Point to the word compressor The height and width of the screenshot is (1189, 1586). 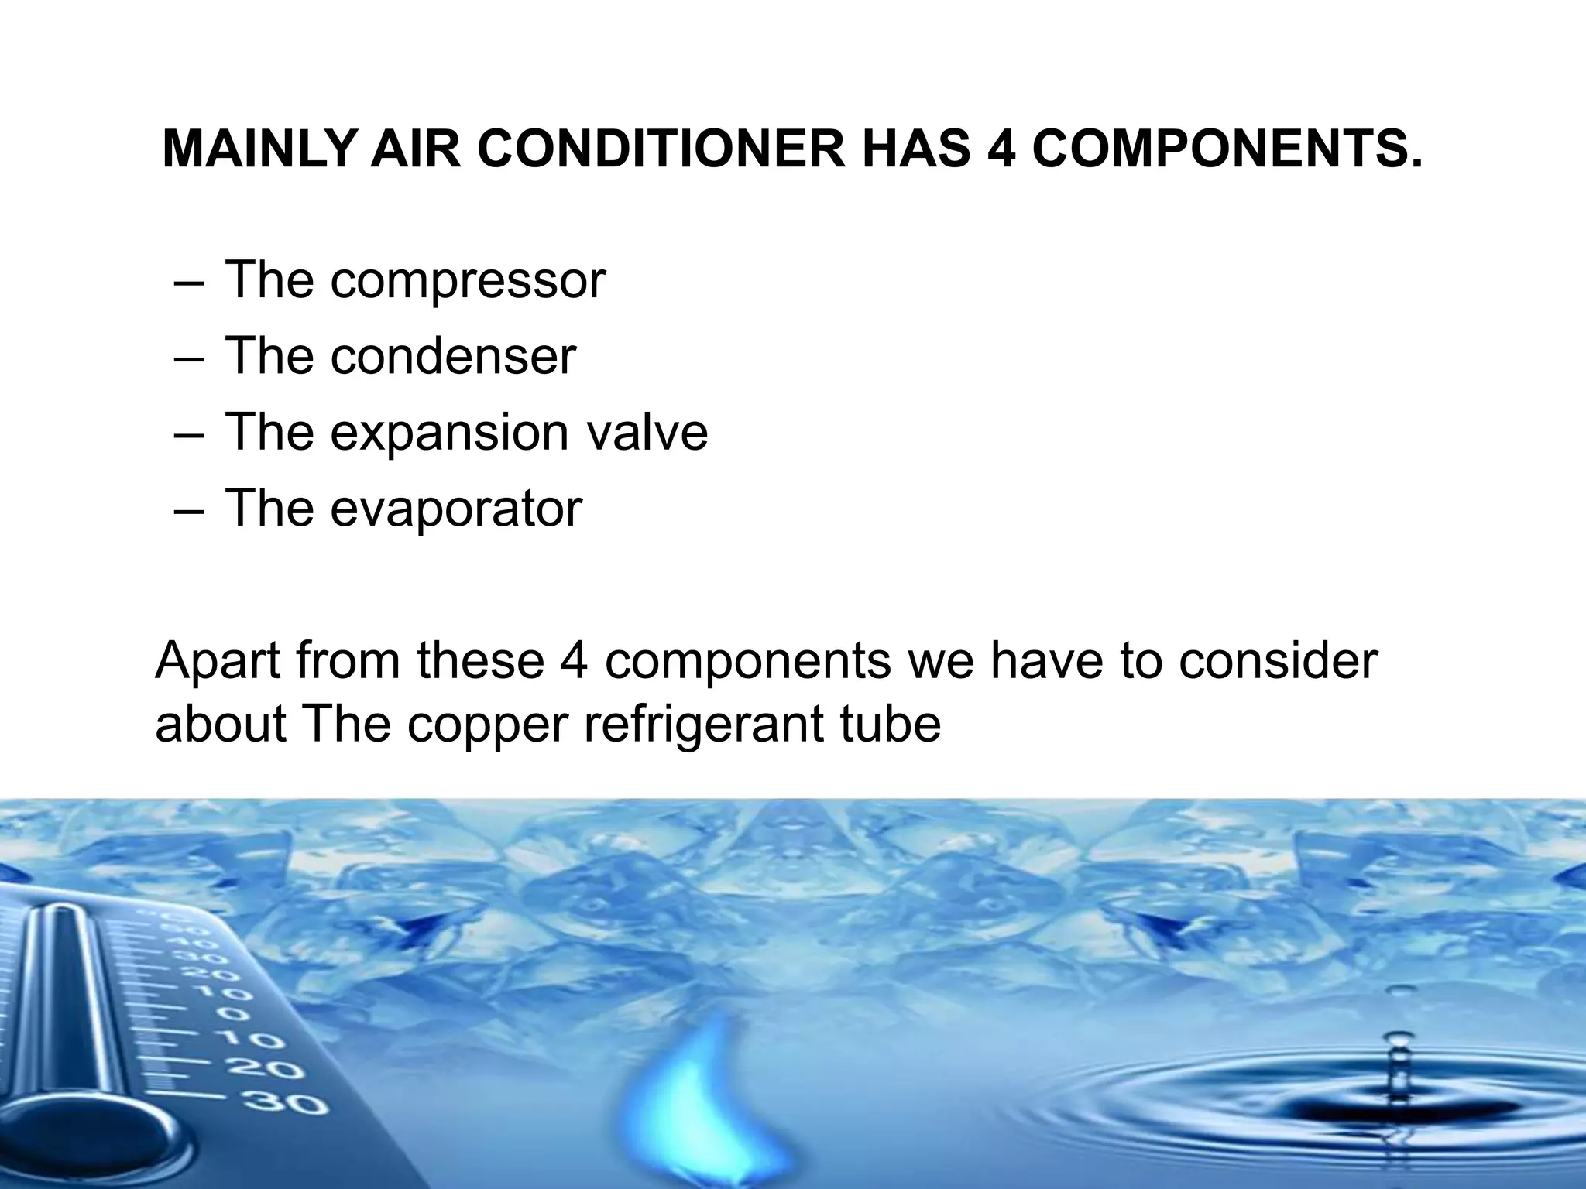[x=468, y=282]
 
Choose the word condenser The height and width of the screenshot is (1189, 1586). [x=453, y=356]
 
